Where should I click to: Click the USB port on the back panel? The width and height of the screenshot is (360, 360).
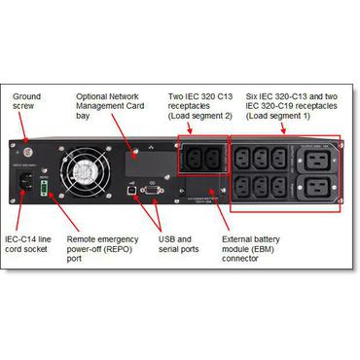point(130,192)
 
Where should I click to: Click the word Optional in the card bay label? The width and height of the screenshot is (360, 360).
point(93,97)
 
